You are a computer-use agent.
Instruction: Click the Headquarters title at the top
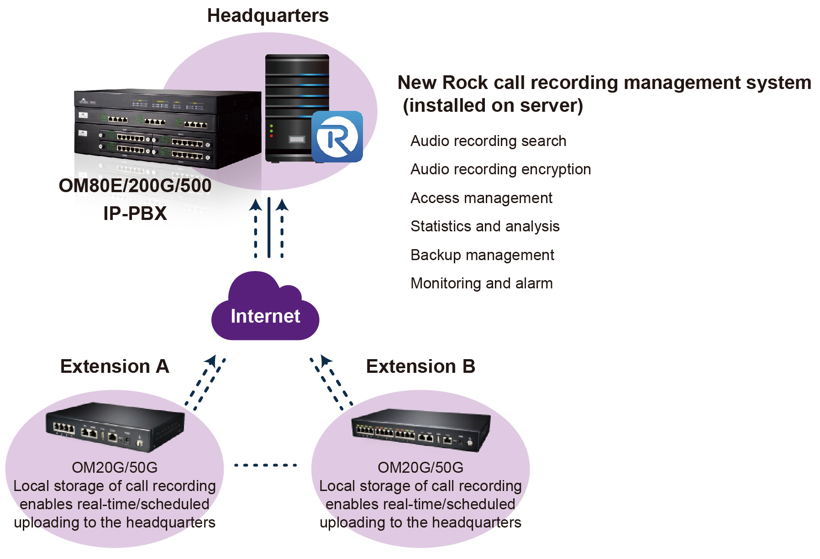pos(268,16)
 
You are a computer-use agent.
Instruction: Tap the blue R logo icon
pos(337,136)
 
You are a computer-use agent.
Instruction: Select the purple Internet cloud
pos(265,310)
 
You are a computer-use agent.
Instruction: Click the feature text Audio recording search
pos(488,141)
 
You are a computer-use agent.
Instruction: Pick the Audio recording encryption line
pos(500,169)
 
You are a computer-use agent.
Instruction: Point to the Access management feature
pos(481,198)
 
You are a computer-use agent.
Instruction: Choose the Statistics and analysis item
pos(485,226)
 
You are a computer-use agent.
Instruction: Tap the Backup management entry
pos(482,255)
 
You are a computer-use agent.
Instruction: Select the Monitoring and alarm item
pos(482,283)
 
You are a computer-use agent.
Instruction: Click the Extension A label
pos(115,366)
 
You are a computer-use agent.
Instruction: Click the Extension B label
pos(421,366)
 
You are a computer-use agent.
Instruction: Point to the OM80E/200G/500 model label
pos(135,186)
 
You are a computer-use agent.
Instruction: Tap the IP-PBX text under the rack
pos(135,214)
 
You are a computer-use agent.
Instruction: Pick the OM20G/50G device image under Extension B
pos(421,429)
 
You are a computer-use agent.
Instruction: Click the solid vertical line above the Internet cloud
pos(269,227)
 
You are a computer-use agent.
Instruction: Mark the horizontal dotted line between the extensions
pos(265,465)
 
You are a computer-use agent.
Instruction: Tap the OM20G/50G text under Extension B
pos(421,468)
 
